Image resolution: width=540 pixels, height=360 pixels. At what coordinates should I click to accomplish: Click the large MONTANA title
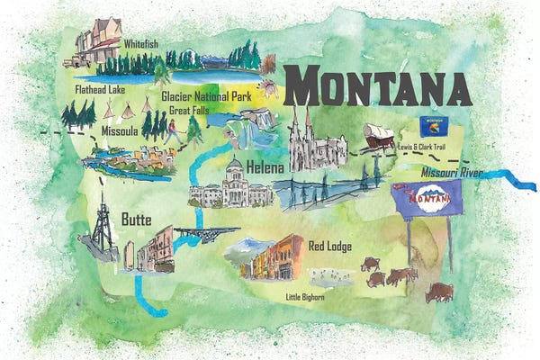tap(382, 85)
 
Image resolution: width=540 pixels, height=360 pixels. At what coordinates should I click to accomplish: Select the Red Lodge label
tap(329, 245)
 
